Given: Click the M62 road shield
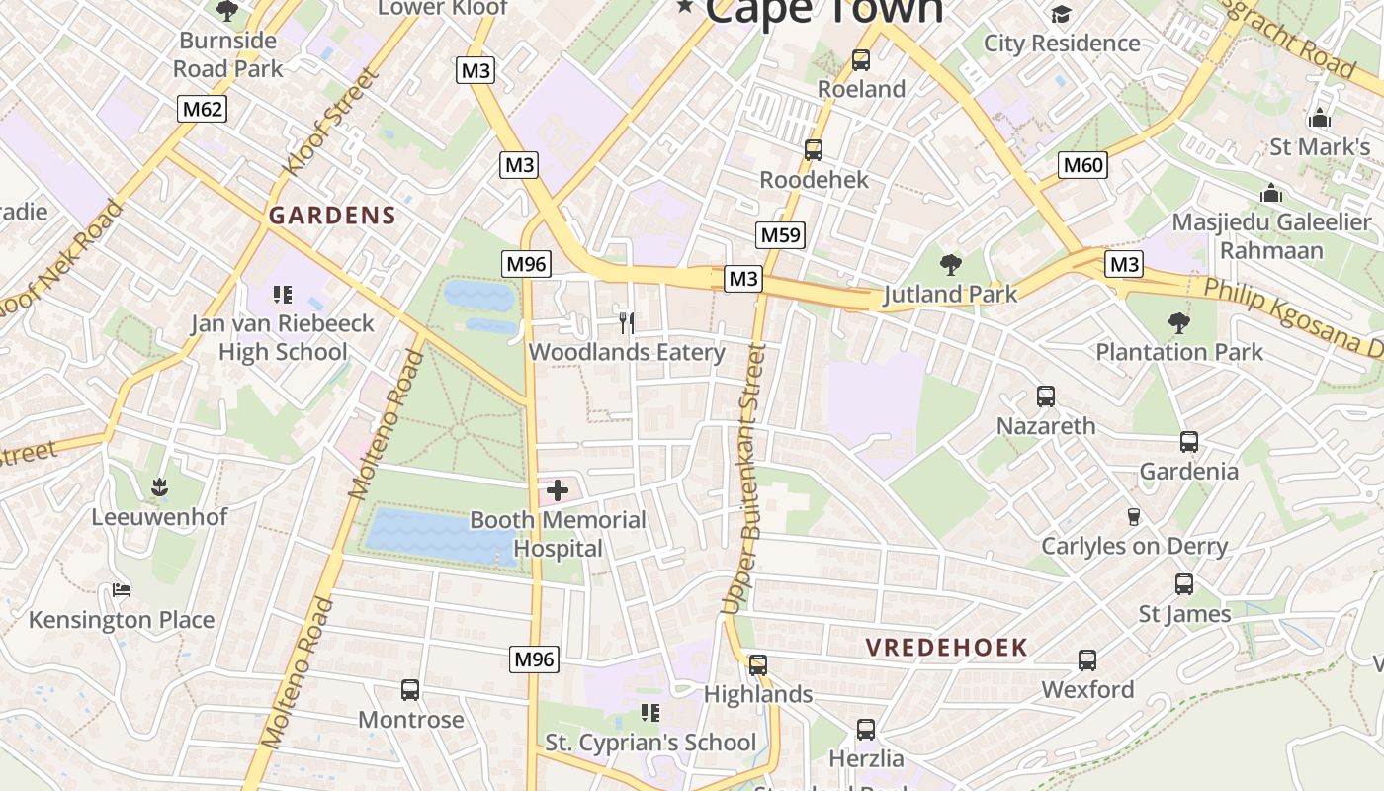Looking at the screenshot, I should pos(202,108).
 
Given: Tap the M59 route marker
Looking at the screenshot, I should pos(780,234).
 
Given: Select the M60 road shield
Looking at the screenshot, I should pos(1082,164).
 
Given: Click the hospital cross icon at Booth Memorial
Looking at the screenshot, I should pos(558,489).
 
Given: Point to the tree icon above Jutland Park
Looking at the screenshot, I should pos(951,264).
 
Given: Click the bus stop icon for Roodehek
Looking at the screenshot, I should pos(814,150).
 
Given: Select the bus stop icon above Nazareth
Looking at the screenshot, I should pos(1046,396).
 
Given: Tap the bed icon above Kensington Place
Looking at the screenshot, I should pos(122,590).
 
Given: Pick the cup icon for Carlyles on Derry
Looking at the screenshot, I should pos(1134,516).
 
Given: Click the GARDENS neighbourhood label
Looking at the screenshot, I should pos(332,216).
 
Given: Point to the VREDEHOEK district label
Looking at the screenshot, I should pos(947,648).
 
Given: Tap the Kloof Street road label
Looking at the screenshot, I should pos(331,122).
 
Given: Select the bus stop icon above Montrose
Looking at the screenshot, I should pos(410,689).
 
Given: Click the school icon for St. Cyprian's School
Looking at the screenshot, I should pos(649,712).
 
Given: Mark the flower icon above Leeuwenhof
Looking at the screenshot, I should pos(159,486).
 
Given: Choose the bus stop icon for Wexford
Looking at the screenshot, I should pos(1087,659).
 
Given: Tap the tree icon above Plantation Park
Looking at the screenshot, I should pos(1178,322).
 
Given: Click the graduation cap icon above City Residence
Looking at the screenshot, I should pos(1061,14).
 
